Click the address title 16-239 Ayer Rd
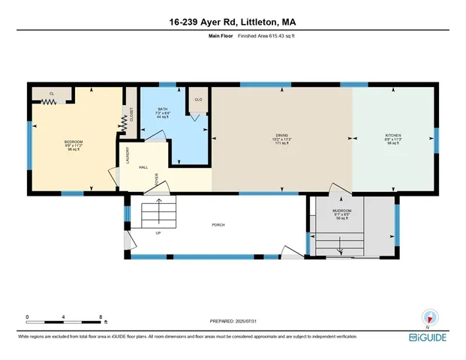pos(233,22)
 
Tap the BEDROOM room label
pos(73,142)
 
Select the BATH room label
pos(163,109)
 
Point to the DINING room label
pos(281,136)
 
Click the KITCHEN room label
pos(393,136)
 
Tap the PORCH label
pos(218,225)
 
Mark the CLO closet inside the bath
pos(198,99)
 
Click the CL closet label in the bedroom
pos(52,93)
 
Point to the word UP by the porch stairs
pos(158,233)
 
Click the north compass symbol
pos(428,318)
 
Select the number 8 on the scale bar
pos(101,316)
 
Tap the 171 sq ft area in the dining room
pos(281,143)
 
